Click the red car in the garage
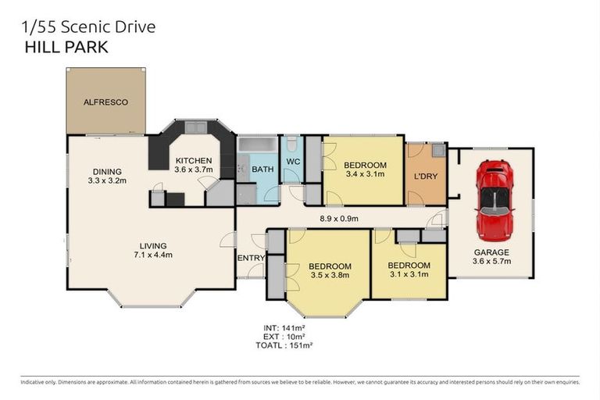494,200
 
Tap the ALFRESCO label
105,102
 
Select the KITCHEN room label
192,161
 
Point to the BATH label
262,169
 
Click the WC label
293,162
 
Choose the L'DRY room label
425,176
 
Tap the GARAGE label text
491,252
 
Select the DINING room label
107,172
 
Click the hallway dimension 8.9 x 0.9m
337,219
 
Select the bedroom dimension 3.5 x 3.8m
327,275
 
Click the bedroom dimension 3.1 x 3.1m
409,275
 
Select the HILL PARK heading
67,47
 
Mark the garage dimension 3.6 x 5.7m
491,262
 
